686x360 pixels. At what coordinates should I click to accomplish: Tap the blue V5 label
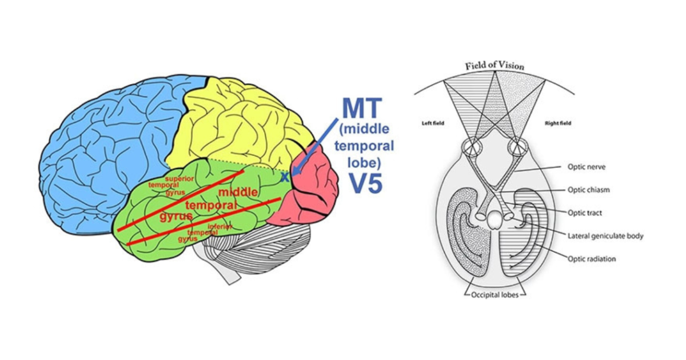366,183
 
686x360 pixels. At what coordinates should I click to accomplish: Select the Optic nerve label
587,167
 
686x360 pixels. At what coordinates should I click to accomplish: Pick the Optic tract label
585,213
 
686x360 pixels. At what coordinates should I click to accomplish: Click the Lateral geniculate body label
605,235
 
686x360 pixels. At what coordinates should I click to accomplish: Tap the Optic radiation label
592,259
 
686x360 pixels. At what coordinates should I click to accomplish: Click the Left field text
433,123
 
